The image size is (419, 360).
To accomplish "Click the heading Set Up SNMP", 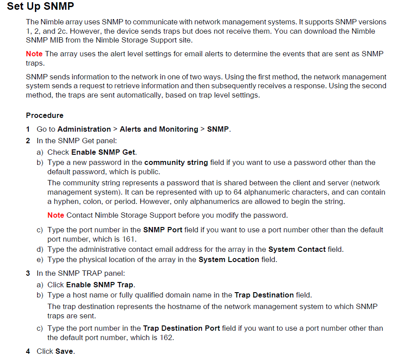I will point(40,7).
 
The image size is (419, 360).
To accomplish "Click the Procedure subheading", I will point(45,115).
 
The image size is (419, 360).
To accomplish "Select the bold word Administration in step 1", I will point(84,129).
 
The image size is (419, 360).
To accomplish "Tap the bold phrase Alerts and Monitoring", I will point(159,129).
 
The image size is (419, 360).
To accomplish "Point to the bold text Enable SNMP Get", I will point(103,152).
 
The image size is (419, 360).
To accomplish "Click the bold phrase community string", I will point(176,162).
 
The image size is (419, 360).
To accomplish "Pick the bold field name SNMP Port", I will point(160,230).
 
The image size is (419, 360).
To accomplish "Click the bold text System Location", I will point(229,259).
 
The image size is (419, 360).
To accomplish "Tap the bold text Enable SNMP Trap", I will point(100,285).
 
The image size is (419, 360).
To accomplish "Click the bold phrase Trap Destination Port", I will point(181,328).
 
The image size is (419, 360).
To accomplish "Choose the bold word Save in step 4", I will point(64,351).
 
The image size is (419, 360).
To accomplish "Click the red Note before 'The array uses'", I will point(34,54).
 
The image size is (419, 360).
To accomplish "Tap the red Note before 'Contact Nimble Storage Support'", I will point(56,215).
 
